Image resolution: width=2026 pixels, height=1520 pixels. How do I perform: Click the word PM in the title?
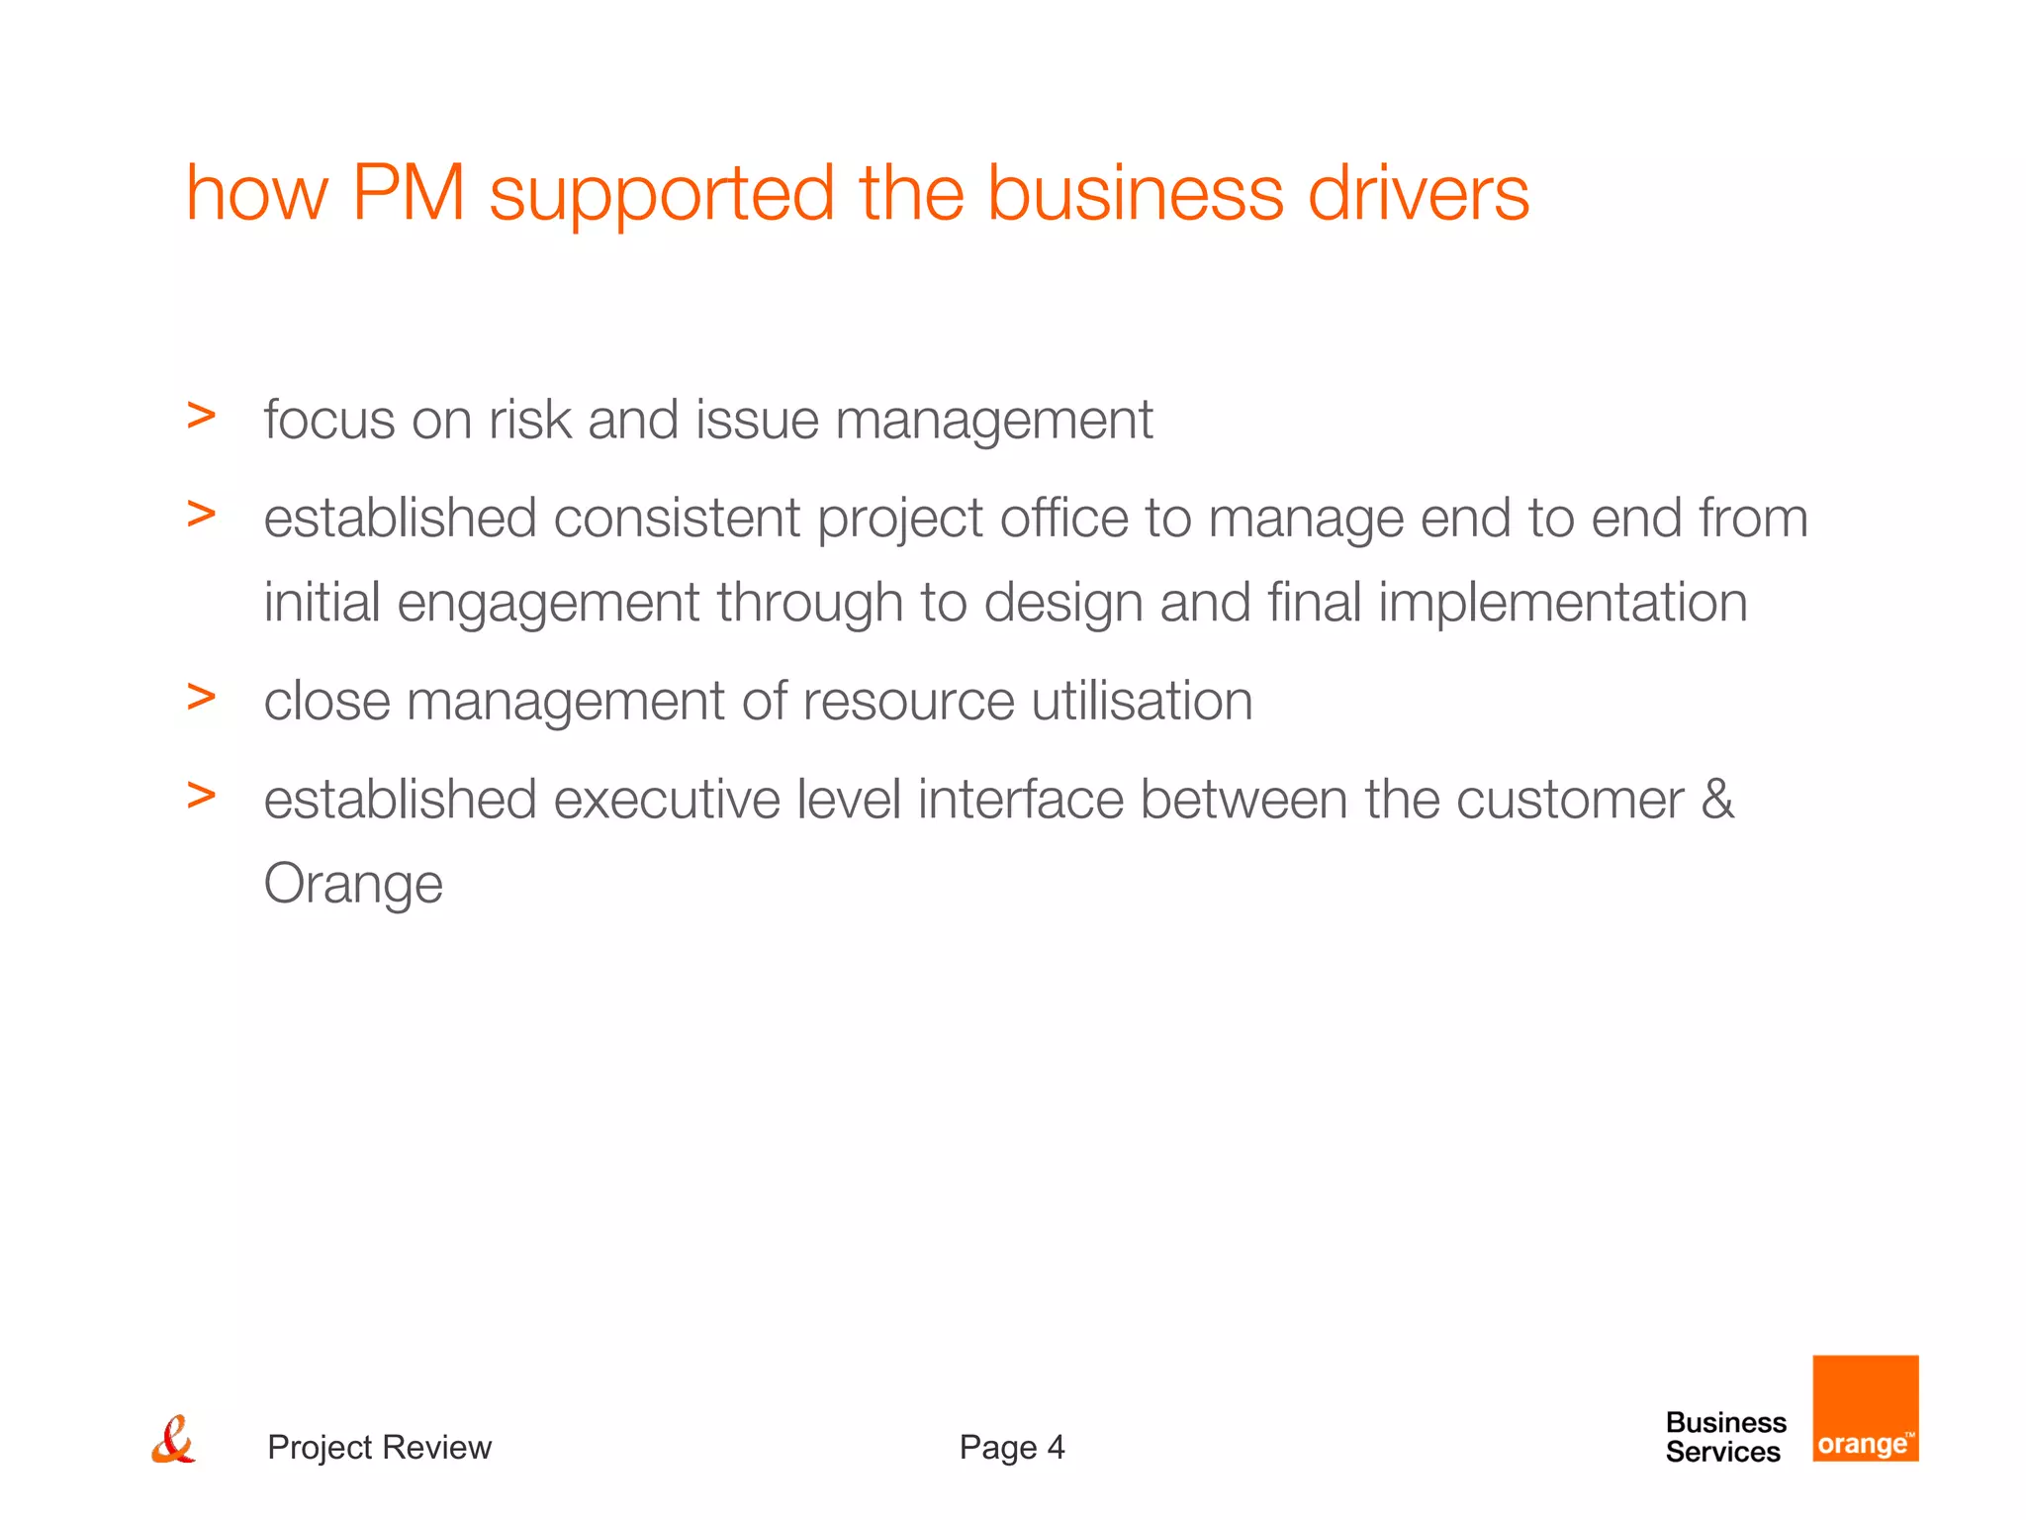408,193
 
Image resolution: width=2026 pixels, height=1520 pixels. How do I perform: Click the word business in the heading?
1136,193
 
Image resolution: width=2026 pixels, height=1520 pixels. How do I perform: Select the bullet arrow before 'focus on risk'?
201,417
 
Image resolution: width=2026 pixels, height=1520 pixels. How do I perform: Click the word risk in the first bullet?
529,420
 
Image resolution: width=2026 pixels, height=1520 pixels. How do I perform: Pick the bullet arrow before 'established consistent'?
201,514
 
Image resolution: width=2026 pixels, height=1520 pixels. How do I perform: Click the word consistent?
677,519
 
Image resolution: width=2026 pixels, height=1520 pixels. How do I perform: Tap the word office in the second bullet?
1063,519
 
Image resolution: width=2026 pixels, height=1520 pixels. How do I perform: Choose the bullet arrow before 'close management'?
201,698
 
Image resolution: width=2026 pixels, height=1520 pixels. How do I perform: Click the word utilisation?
1142,702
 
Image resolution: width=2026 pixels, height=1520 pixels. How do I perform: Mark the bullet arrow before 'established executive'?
201,796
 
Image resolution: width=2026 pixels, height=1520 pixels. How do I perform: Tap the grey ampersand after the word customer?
1717,800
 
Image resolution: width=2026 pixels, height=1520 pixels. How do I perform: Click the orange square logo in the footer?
1865,1408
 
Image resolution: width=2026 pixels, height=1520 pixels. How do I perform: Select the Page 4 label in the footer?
1011,1448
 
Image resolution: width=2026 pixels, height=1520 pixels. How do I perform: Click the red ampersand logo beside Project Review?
173,1441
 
